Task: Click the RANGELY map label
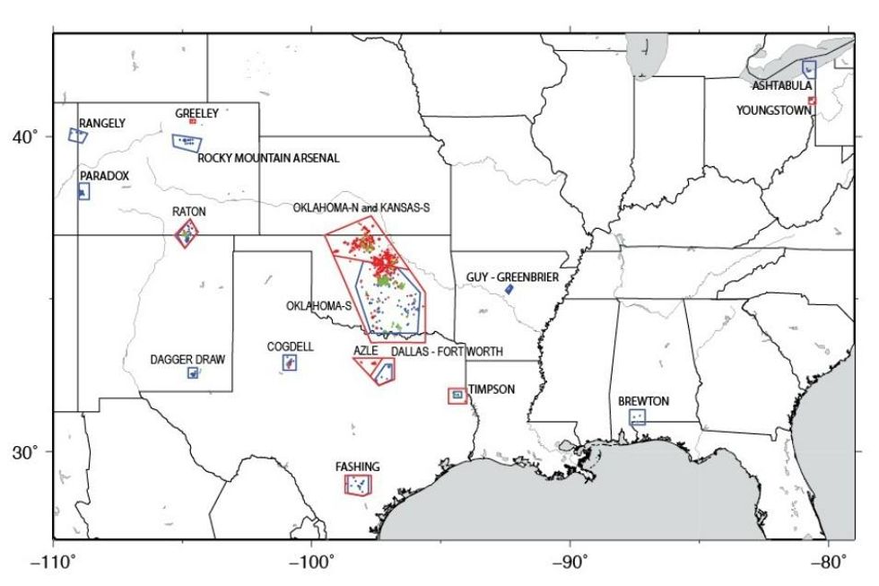pyautogui.click(x=102, y=123)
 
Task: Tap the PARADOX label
pyautogui.click(x=104, y=175)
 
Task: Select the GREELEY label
pyautogui.click(x=196, y=113)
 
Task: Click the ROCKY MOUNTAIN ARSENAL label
pyautogui.click(x=269, y=158)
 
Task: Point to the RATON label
pyautogui.click(x=189, y=211)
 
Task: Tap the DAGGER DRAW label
pyautogui.click(x=187, y=359)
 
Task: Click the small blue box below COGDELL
pyautogui.click(x=290, y=363)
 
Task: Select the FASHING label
pyautogui.click(x=358, y=467)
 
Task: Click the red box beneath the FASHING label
pyautogui.click(x=358, y=485)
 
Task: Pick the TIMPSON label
pyautogui.click(x=492, y=389)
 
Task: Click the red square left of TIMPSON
pyautogui.click(x=457, y=395)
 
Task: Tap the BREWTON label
pyautogui.click(x=643, y=401)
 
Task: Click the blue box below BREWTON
pyautogui.click(x=638, y=416)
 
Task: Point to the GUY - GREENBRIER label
pyautogui.click(x=512, y=278)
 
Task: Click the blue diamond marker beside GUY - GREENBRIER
pyautogui.click(x=509, y=289)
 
